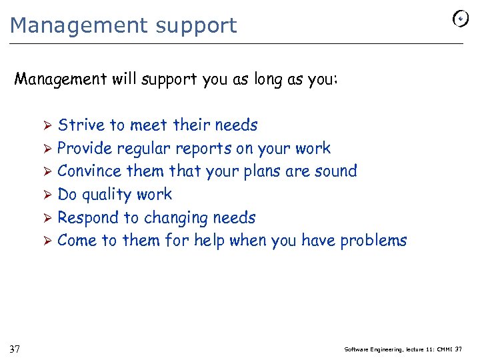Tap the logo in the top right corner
pyautogui.click(x=460, y=19)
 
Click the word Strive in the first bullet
pyautogui.click(x=81, y=125)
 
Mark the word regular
pyautogui.click(x=145, y=149)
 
